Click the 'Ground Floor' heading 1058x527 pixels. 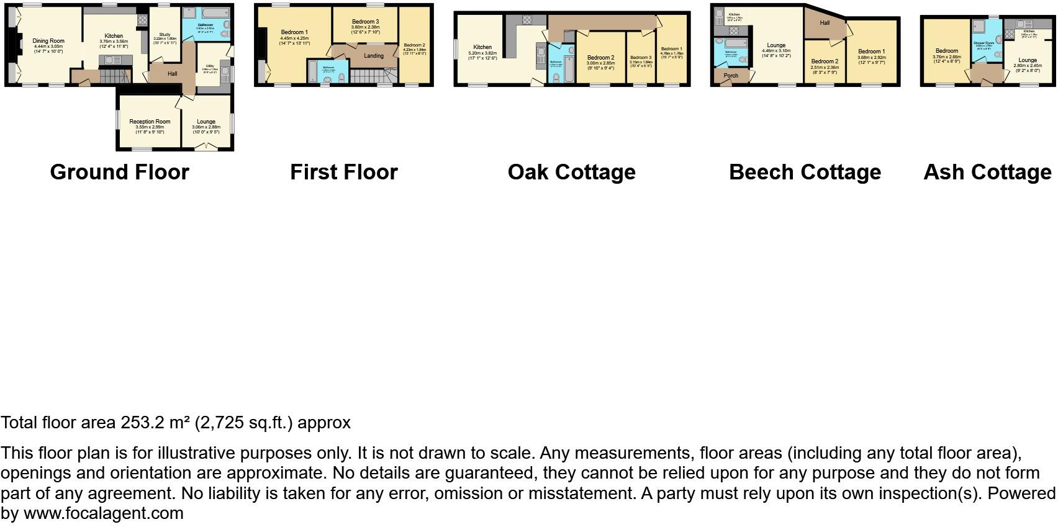[119, 172]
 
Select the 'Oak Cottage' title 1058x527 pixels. [571, 172]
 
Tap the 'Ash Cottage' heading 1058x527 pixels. [987, 172]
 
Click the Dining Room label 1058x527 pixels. [48, 41]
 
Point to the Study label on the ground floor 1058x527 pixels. [165, 35]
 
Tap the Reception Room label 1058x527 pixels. [150, 122]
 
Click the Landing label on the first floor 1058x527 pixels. [374, 56]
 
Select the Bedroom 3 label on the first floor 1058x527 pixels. [365, 22]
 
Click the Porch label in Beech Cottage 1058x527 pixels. [731, 76]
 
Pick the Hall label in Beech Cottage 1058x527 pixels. [825, 23]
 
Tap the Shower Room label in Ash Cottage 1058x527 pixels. [983, 43]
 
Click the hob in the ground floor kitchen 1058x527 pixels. [142, 20]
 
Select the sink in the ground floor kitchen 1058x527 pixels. [114, 60]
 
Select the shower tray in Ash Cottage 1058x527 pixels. [977, 26]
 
